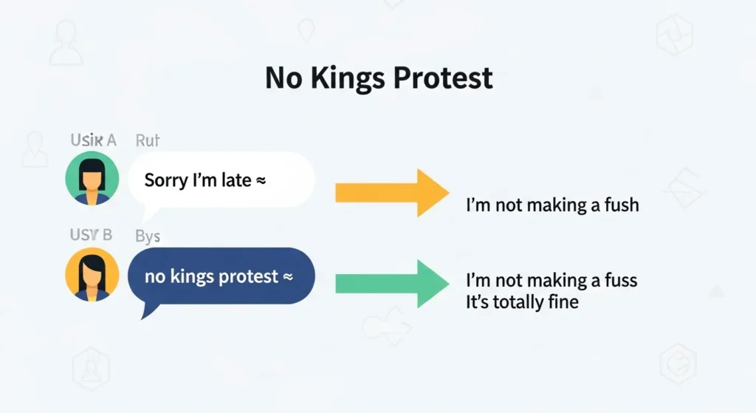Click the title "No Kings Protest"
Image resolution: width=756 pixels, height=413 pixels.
click(378, 78)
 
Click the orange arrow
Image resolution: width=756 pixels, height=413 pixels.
click(391, 193)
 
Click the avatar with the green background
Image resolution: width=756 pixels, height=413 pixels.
click(92, 179)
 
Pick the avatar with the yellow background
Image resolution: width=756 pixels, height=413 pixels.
click(92, 274)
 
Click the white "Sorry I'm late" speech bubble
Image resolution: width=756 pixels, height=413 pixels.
click(221, 180)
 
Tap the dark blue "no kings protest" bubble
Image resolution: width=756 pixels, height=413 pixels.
click(221, 277)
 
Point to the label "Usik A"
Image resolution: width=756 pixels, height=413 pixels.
click(93, 140)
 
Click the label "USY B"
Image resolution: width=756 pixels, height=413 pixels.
click(91, 236)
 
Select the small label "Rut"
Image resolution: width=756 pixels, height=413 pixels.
click(148, 140)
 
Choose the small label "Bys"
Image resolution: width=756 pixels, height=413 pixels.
click(148, 236)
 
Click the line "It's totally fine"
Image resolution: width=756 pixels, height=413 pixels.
click(522, 301)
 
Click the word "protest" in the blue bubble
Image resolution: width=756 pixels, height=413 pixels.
click(248, 278)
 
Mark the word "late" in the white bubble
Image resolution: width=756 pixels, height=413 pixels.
click(236, 180)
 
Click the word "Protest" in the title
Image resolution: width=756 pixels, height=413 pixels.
click(447, 78)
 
